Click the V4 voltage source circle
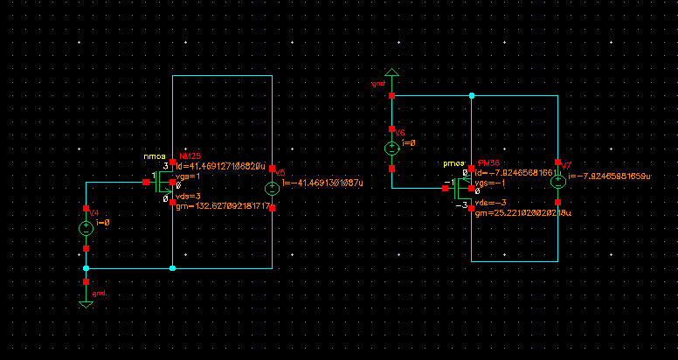[86, 229]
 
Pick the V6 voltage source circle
[391, 149]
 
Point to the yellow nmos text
[155, 157]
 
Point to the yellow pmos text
[454, 164]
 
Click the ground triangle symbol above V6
[391, 73]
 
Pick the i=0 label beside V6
[408, 142]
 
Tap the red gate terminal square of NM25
[146, 183]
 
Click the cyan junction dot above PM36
[471, 95]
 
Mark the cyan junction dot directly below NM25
[172, 268]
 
